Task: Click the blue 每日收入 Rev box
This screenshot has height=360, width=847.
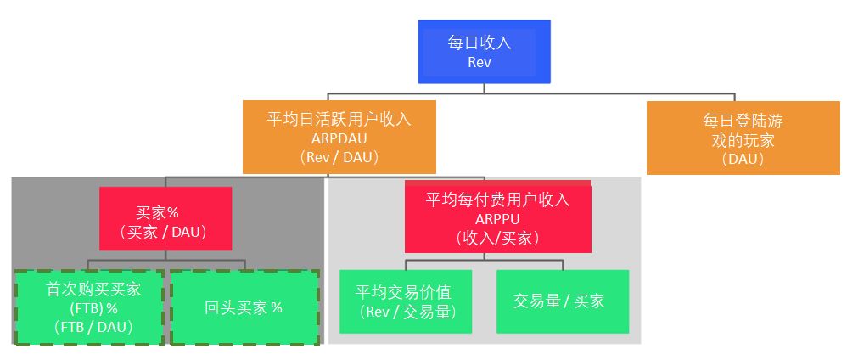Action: click(x=484, y=51)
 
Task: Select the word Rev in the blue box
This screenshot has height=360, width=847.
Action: click(x=480, y=62)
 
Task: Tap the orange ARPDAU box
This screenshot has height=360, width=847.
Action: click(x=339, y=137)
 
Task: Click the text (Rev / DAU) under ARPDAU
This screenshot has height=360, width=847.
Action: click(x=339, y=157)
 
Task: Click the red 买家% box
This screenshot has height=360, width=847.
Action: click(x=165, y=218)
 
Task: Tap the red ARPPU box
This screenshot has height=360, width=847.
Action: click(x=497, y=217)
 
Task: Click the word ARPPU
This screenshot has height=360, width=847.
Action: click(x=497, y=219)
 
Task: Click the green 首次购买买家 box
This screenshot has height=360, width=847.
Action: click(x=89, y=307)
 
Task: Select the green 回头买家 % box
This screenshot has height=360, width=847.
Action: click(x=244, y=307)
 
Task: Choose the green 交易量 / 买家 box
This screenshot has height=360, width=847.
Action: click(x=563, y=301)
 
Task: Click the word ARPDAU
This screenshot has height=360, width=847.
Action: click(x=339, y=138)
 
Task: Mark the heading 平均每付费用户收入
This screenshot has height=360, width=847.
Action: click(x=497, y=200)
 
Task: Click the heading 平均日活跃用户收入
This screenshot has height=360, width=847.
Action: click(x=339, y=120)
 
